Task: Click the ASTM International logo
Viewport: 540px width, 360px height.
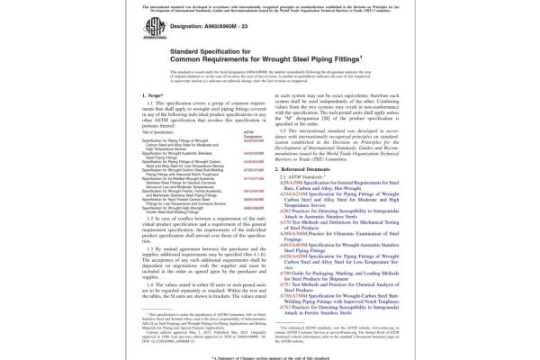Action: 150,29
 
